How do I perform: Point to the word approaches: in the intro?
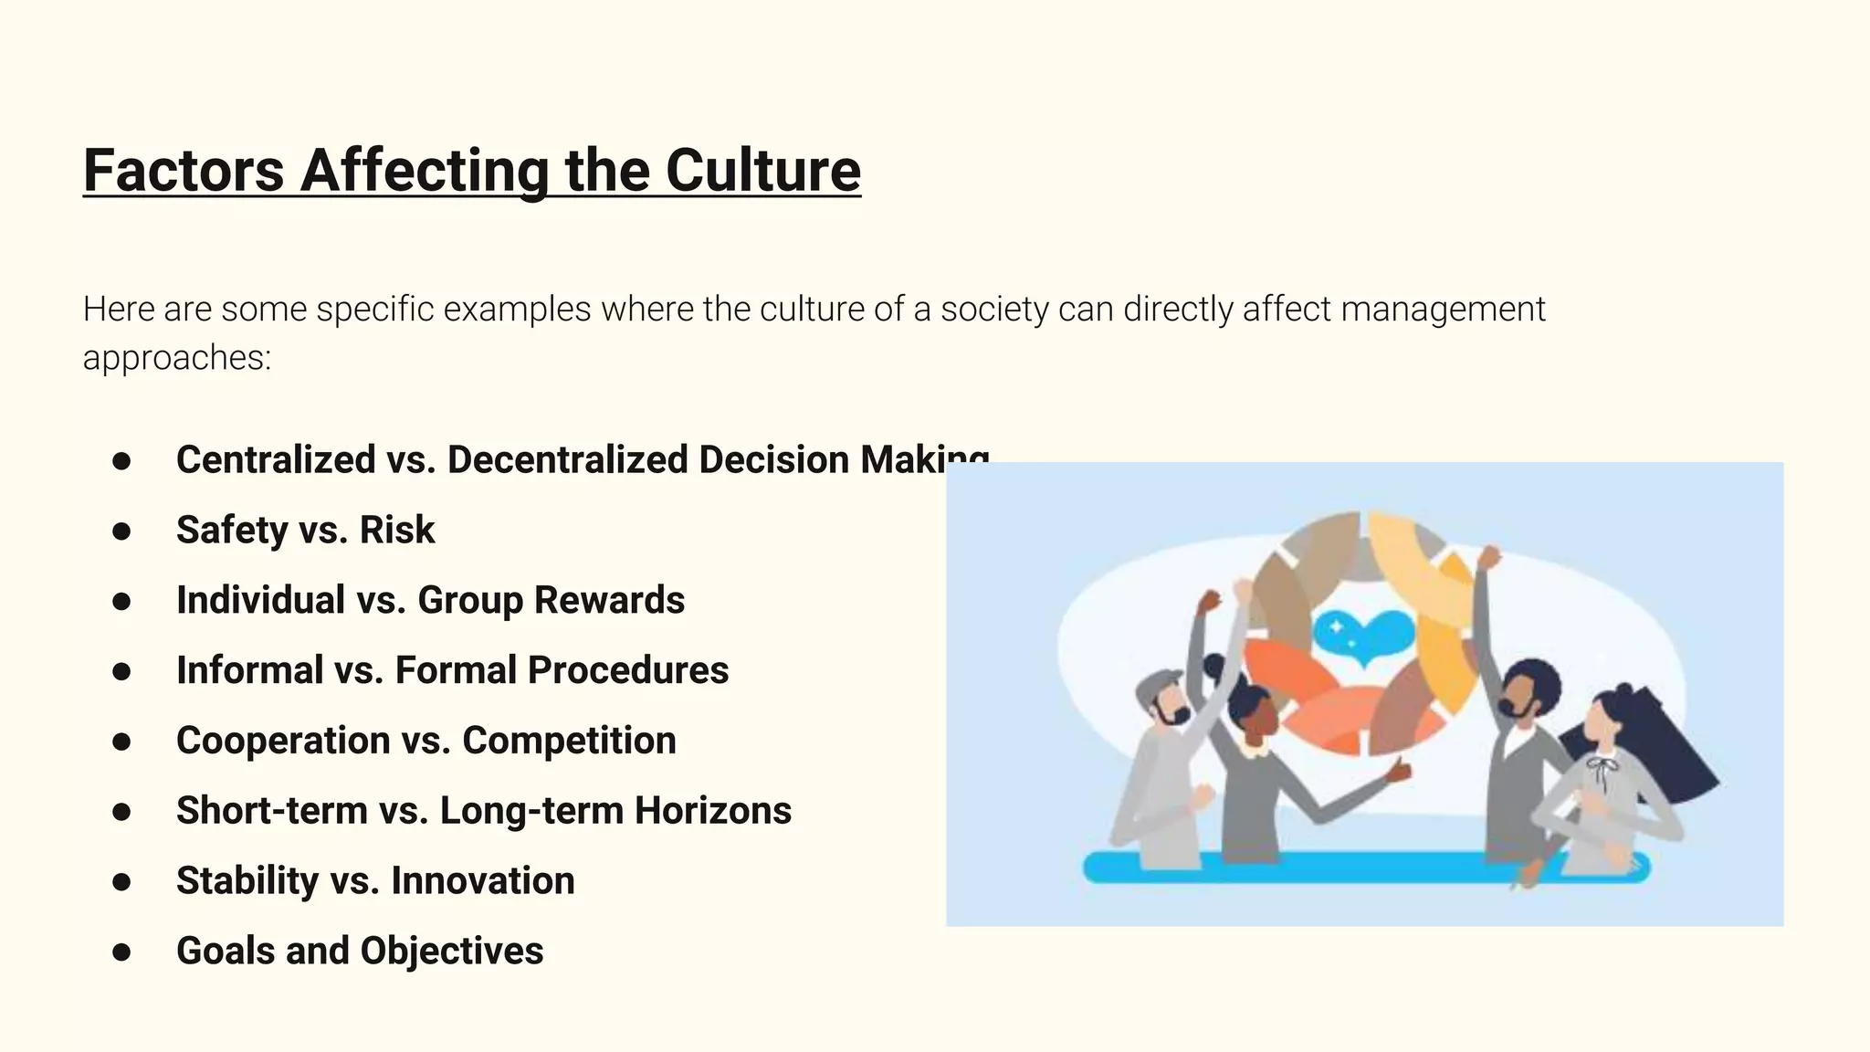[177, 357]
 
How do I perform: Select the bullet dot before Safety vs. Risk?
[121, 531]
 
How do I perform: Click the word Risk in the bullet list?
[397, 530]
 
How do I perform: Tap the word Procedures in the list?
[627, 670]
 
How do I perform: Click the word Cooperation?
[283, 741]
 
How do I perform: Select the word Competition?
[569, 741]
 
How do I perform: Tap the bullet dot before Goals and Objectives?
[121, 952]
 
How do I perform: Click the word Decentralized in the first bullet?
[567, 459]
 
